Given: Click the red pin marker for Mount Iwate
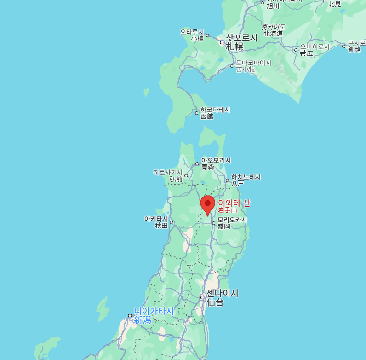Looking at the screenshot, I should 207,204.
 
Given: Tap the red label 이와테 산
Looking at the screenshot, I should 234,203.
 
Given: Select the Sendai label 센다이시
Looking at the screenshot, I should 223,293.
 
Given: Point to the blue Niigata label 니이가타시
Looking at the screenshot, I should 154,311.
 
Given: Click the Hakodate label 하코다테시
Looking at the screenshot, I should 215,110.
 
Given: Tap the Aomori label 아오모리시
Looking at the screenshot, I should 216,161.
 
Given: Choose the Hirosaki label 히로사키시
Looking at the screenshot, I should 168,172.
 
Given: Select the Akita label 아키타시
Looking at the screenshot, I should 157,219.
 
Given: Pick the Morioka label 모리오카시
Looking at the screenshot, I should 232,220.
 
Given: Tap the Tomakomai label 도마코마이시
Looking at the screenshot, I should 253,63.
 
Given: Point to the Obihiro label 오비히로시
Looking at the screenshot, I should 315,47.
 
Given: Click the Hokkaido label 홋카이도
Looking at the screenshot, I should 274,27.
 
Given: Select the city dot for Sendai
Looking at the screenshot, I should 203,297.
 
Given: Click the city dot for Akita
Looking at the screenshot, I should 172,222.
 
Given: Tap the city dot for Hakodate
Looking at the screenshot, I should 197,113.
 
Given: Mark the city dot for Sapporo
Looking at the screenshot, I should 222,42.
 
